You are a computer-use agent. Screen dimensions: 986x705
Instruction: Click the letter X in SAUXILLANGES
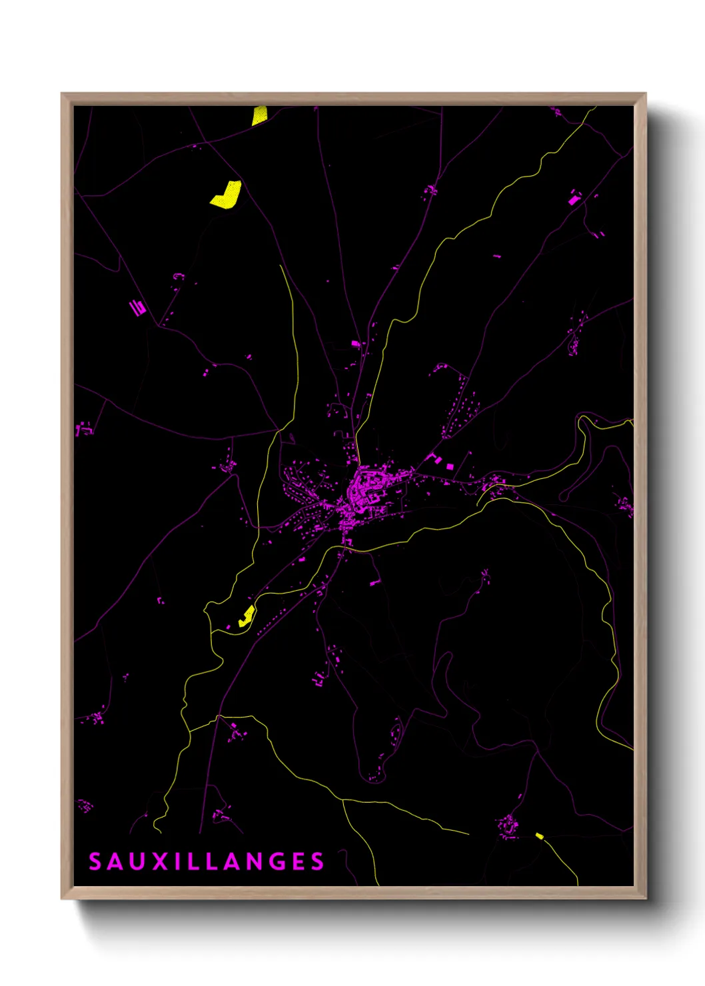(161, 861)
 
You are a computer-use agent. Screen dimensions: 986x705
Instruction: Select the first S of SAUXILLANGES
(95, 861)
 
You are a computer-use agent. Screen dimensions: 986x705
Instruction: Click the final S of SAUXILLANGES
(318, 861)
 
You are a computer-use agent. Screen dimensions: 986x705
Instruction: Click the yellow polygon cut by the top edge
(259, 115)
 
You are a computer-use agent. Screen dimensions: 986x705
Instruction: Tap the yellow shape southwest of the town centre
(247, 616)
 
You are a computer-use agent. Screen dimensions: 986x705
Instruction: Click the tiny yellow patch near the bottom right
(540, 835)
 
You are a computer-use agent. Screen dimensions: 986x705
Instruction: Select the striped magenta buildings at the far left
(137, 307)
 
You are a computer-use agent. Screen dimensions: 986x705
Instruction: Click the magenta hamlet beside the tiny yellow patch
(508, 825)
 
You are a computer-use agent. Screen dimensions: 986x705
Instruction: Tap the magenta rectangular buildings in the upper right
(574, 197)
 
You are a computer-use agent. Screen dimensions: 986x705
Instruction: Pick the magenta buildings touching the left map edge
(83, 428)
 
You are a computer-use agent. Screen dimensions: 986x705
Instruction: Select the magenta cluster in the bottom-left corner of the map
(85, 806)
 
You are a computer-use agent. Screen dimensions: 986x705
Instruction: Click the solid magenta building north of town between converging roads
(355, 344)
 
